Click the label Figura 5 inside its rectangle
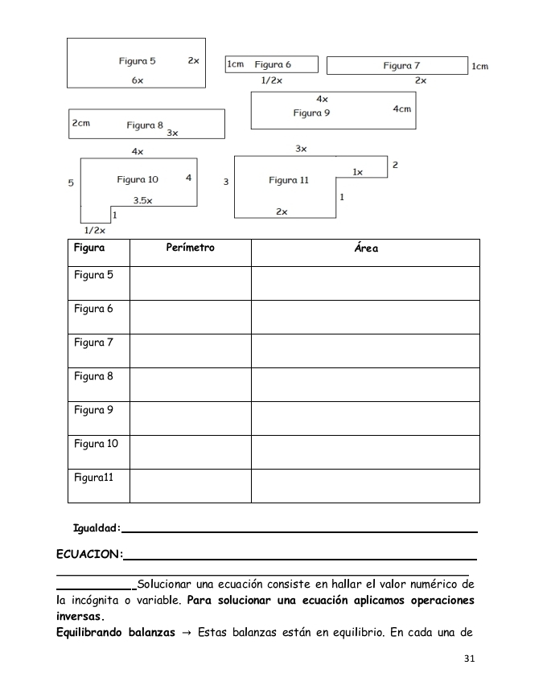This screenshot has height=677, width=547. (137, 61)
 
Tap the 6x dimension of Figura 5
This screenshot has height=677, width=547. (138, 81)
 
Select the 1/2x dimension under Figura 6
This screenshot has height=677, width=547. (272, 80)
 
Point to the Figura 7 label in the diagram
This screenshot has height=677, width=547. (401, 66)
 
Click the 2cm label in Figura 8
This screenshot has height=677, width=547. (80, 124)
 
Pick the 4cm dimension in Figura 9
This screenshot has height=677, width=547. (402, 109)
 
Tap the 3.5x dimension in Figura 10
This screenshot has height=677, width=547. (142, 201)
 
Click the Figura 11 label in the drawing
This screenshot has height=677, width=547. (289, 180)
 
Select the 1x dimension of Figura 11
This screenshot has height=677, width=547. (358, 172)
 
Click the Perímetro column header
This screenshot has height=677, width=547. (190, 248)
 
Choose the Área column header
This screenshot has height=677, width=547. (366, 248)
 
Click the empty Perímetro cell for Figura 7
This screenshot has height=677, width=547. (190, 350)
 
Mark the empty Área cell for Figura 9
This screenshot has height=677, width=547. (366, 417)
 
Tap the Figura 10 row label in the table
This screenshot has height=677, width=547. (96, 444)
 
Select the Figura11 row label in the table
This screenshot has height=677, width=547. (94, 478)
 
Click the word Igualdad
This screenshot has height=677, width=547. (97, 528)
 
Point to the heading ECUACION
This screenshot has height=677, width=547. (89, 554)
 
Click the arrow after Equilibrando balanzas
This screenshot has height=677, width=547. (187, 632)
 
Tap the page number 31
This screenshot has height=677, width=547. (471, 659)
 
